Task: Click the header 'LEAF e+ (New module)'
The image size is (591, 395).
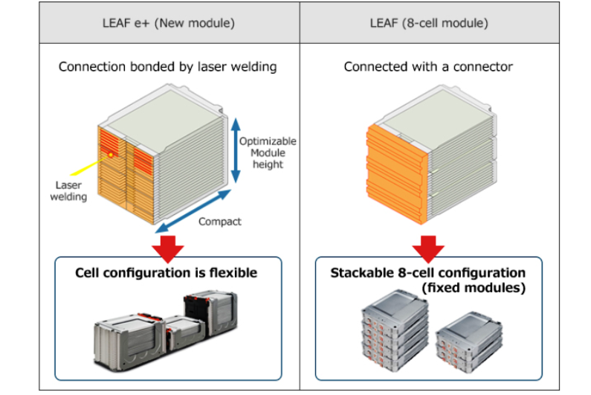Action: [x=168, y=23]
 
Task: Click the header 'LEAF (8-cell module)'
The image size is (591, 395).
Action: [x=429, y=23]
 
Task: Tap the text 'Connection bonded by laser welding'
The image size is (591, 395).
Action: [x=168, y=67]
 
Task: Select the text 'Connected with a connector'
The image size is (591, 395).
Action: [x=429, y=67]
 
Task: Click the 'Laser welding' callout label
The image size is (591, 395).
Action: [x=68, y=191]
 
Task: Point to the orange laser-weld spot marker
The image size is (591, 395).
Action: [x=111, y=155]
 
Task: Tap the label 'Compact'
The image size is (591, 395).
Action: [x=220, y=222]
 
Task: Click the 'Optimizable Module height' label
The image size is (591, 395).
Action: [x=268, y=152]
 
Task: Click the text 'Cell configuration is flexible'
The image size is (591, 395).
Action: [x=167, y=273]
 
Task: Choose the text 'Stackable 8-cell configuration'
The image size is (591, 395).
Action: [x=428, y=273]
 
